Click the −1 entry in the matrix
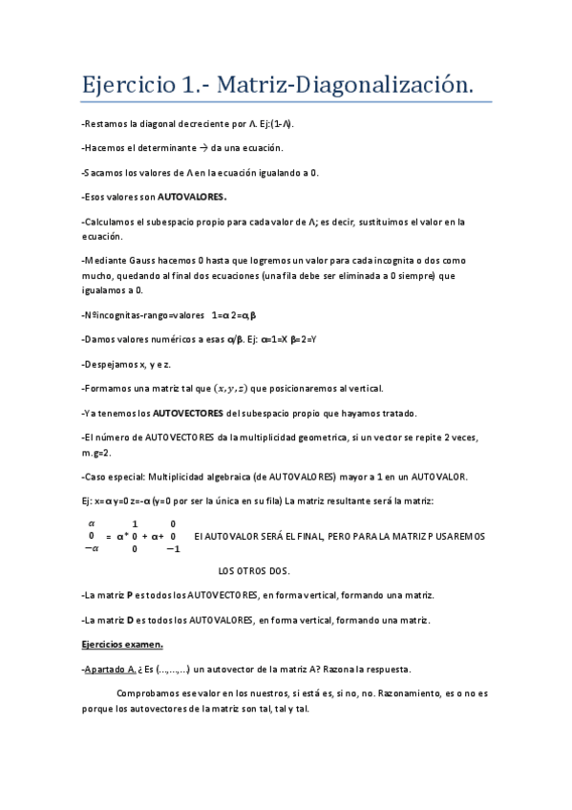[172, 549]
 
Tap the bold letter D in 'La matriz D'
[130, 620]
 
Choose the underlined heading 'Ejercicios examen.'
[122, 644]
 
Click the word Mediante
[107, 259]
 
